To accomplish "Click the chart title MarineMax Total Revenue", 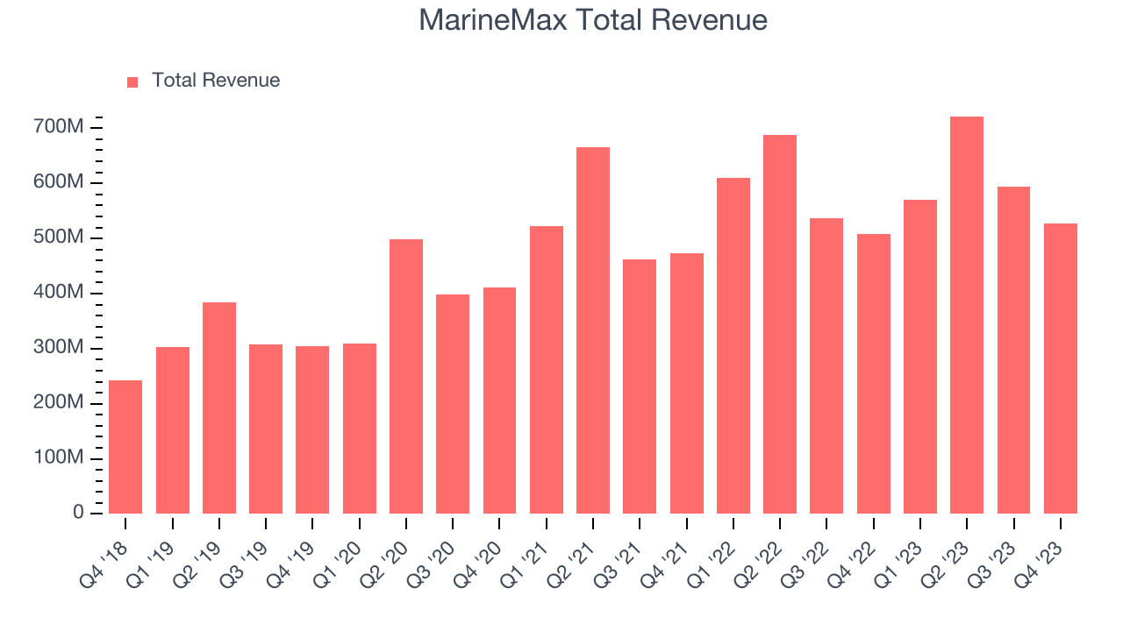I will coord(593,19).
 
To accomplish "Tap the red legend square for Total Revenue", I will coord(132,82).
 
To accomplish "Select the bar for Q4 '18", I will coord(125,447).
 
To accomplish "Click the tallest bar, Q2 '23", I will coord(967,315).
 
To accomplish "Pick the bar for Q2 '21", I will coord(593,330).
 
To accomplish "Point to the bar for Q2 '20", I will coord(406,377).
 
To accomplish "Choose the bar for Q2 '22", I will coord(780,324).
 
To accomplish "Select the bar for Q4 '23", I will coord(1060,368).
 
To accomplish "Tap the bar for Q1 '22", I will coord(733,346).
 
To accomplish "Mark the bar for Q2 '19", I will coord(219,408).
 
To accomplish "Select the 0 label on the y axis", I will coord(78,514).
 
